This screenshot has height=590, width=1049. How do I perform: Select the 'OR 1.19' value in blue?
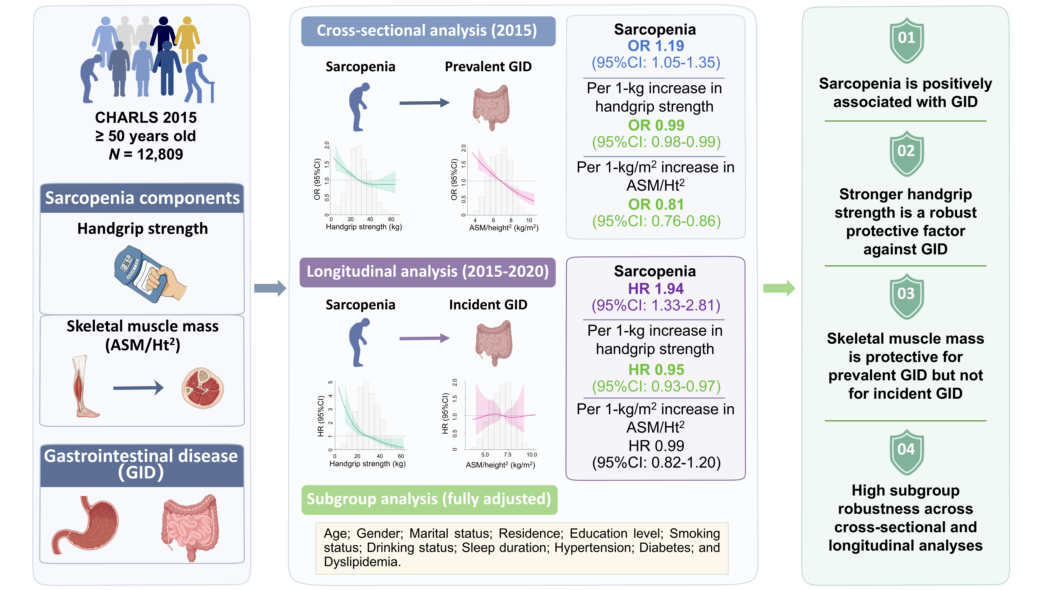tap(656, 46)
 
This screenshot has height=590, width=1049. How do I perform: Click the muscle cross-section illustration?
tap(202, 388)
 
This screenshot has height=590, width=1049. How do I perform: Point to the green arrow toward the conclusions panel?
tap(779, 288)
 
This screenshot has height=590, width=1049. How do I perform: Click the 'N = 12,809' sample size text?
tap(146, 154)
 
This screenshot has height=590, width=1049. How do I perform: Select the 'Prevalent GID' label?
tap(488, 66)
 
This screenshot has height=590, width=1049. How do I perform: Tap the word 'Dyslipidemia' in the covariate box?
tap(362, 562)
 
